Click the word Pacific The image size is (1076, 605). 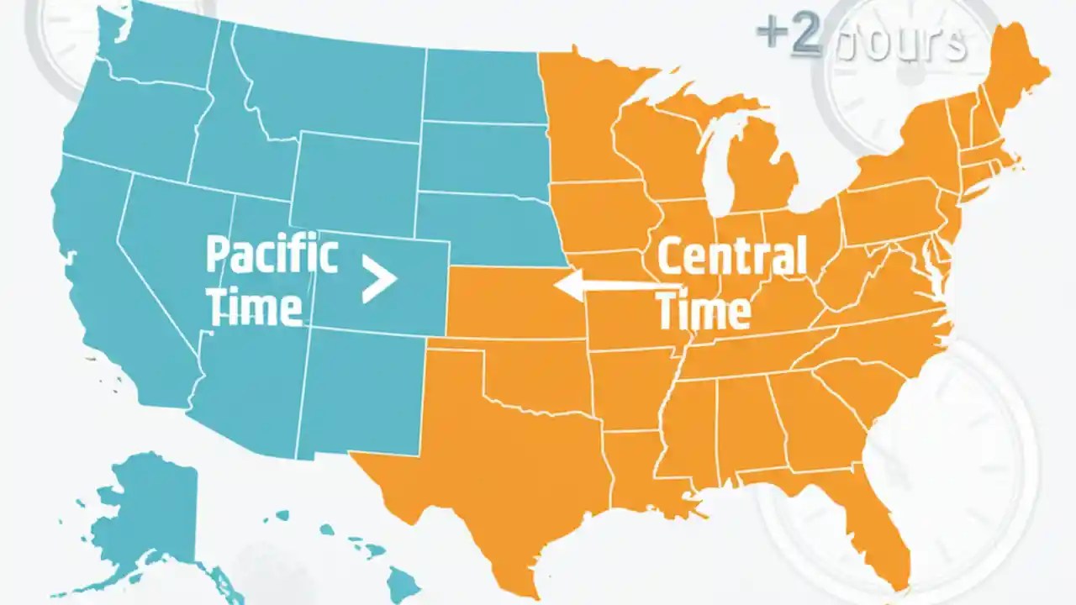(x=272, y=255)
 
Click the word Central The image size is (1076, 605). (x=731, y=257)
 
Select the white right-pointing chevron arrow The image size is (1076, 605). (x=379, y=279)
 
